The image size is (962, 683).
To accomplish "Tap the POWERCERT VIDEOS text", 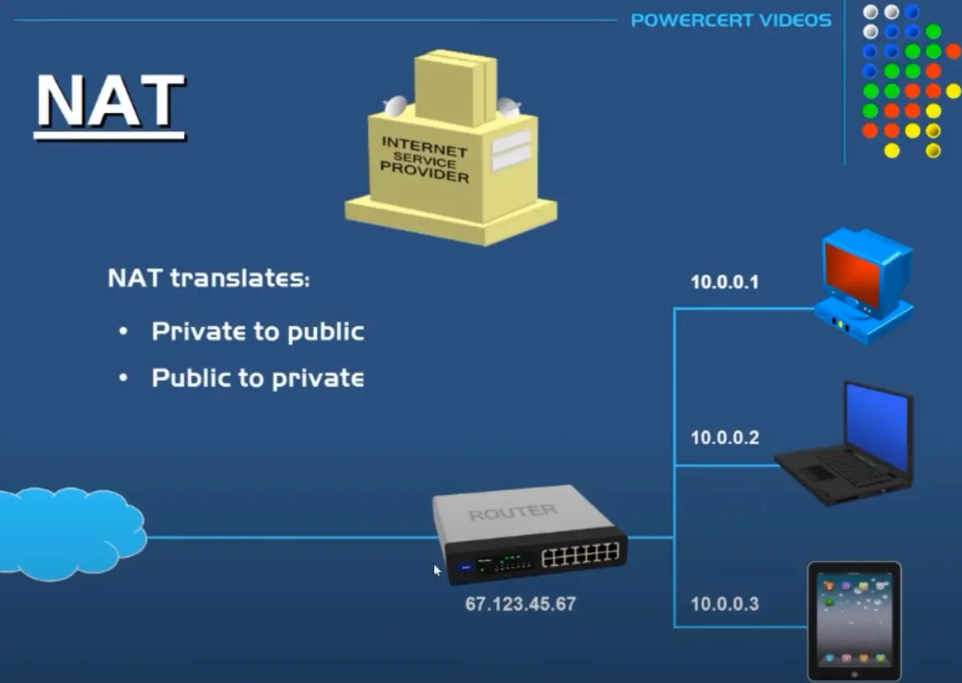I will tap(730, 20).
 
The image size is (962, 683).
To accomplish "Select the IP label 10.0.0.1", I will tap(725, 282).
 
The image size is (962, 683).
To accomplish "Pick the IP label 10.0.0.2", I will tap(725, 438).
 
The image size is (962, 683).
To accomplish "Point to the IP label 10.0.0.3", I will tap(725, 604).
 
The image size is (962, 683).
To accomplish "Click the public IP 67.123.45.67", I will tap(520, 604).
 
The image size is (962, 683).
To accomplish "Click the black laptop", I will tap(845, 455).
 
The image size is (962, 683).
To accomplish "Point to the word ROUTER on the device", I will tap(512, 512).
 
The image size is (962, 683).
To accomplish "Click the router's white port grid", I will tap(580, 554).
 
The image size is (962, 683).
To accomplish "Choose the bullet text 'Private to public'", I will tap(257, 332).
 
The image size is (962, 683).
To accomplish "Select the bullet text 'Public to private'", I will tap(257, 378).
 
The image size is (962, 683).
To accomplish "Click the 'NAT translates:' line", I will tap(208, 278).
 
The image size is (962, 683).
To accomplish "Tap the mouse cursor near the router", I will tap(436, 569).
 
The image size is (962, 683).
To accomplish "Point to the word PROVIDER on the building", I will tap(424, 171).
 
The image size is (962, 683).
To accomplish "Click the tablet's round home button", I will tap(854, 674).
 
